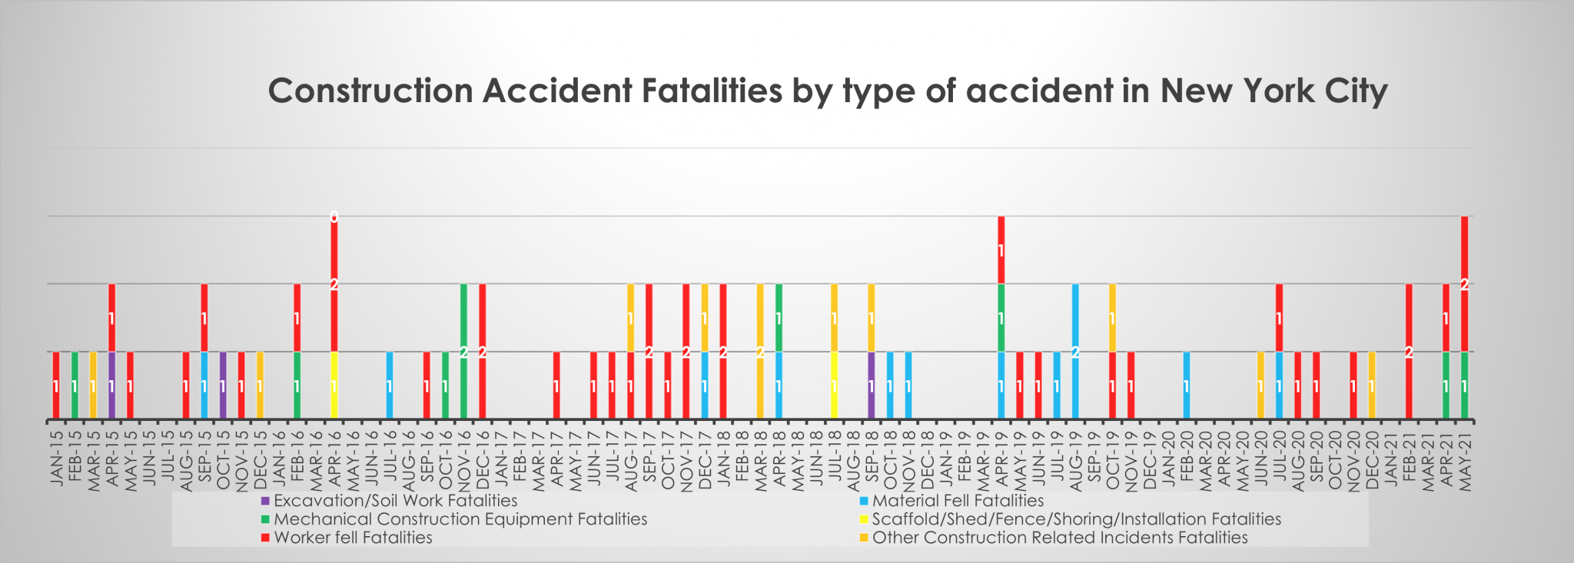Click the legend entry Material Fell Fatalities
958,501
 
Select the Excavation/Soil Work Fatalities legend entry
395,501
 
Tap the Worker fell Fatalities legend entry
353,538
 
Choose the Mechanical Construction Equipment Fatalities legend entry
460,519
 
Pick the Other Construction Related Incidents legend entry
1059,538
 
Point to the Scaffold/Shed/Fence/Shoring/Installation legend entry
1076,519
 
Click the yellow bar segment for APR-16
334,385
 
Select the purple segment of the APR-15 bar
111,385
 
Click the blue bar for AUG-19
1075,351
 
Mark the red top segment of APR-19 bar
1001,250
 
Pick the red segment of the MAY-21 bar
1464,283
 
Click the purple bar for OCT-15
223,385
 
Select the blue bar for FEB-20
1187,385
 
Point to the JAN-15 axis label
56,453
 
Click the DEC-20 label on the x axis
1372,457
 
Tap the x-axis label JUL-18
835,457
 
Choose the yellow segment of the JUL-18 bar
834,385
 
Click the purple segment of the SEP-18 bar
871,385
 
